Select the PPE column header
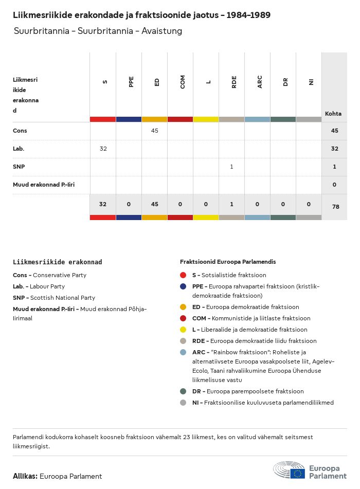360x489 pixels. [131, 81]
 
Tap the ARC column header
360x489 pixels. [259, 81]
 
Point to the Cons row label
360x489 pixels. [20, 131]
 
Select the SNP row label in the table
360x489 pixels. [19, 167]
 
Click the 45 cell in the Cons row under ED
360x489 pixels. [154, 131]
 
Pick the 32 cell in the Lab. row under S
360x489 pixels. [103, 149]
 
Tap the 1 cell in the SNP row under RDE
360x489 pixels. [231, 167]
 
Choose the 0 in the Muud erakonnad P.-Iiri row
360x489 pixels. [334, 185]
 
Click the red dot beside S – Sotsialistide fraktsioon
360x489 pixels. [183, 276]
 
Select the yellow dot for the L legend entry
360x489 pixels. [183, 330]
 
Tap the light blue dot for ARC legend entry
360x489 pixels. [183, 352]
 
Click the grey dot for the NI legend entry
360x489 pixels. [183, 403]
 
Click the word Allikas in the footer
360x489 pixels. [25, 476]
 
